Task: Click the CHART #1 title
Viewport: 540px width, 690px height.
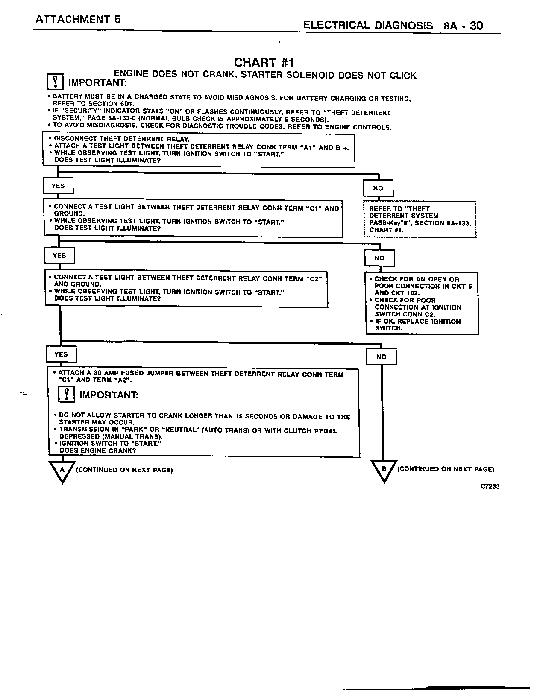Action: [264, 63]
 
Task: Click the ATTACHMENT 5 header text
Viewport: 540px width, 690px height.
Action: [77, 19]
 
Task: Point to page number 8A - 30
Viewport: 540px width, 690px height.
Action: [464, 26]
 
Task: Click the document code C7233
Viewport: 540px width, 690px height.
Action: [490, 486]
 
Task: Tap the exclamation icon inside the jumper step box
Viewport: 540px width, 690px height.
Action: [66, 394]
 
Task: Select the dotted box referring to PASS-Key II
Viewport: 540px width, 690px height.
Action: [420, 219]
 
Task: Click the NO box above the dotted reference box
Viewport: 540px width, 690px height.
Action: [378, 188]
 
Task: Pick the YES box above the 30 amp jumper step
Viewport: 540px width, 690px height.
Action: [61, 354]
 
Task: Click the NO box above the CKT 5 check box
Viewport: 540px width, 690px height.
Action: [379, 258]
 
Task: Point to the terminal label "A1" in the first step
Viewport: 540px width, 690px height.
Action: [307, 147]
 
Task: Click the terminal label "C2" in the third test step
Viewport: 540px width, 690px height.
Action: [314, 278]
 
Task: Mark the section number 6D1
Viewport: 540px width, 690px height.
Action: [125, 104]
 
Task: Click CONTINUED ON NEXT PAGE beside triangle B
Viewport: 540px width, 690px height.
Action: [446, 469]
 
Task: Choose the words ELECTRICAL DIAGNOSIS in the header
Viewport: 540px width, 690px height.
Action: [368, 26]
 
